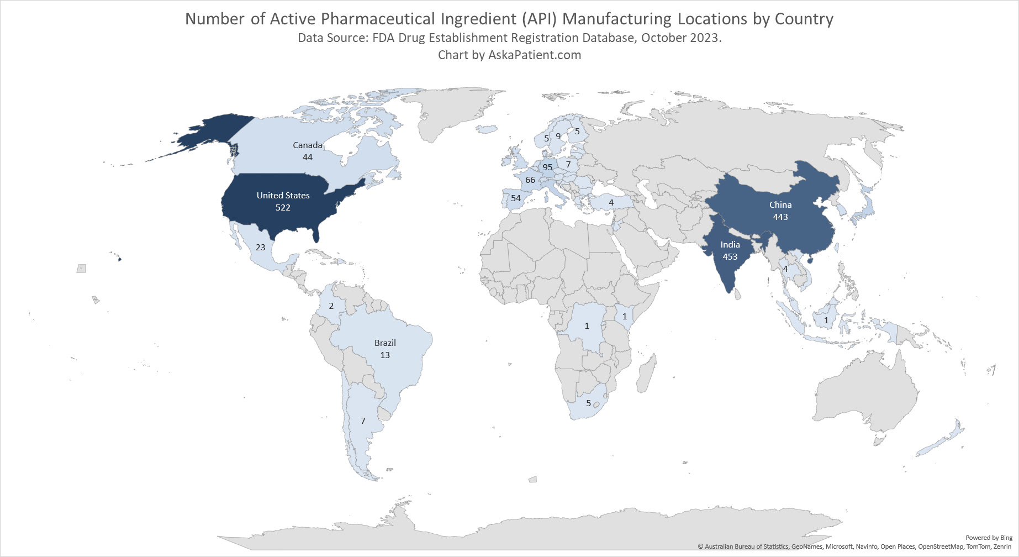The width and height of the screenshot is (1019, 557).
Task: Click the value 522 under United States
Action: [283, 208]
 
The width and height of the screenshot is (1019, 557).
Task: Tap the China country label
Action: [780, 204]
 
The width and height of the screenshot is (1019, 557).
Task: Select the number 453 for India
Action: [730, 256]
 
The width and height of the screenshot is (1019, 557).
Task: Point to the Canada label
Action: [307, 145]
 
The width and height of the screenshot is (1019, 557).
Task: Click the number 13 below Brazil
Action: [385, 355]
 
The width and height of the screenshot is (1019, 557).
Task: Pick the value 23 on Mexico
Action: [260, 247]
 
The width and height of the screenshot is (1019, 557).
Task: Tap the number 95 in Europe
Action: [547, 167]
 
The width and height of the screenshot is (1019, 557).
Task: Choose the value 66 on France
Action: [530, 180]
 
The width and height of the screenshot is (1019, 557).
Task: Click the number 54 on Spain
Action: [516, 198]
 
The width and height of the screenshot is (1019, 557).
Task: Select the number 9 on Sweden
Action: [558, 136]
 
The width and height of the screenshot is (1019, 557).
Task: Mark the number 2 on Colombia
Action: [331, 306]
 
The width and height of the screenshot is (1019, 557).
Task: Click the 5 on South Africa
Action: [588, 403]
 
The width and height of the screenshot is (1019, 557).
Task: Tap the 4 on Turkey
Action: [611, 202]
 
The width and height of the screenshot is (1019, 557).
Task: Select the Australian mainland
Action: [862, 398]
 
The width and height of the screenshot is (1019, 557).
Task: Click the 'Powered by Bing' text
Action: [989, 538]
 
